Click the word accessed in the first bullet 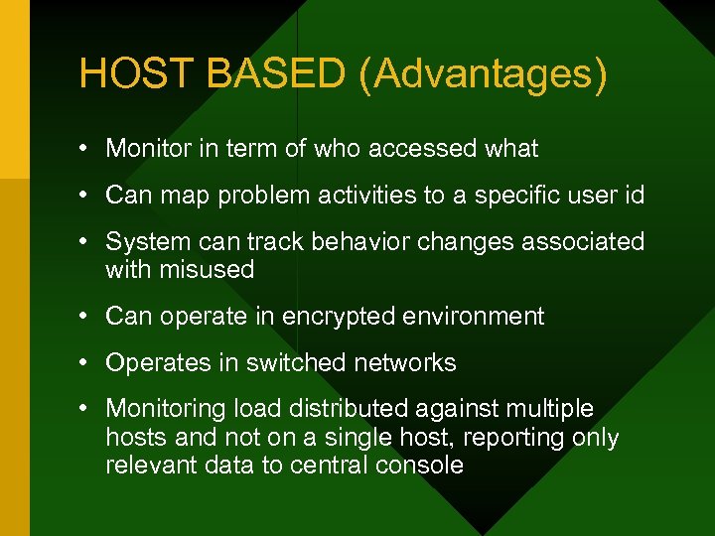[413, 149]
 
